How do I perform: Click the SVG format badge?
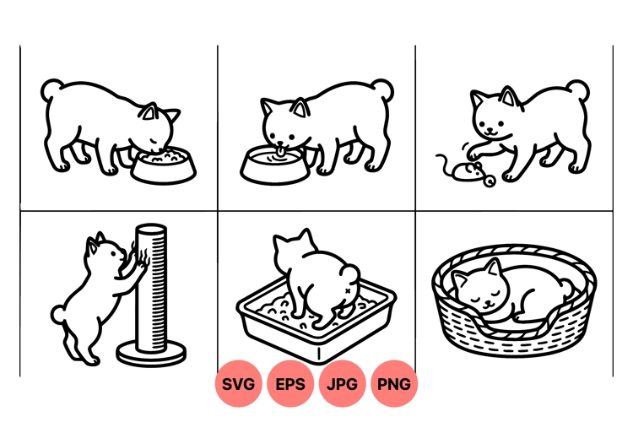pos(240,384)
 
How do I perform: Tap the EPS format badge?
pos(291,384)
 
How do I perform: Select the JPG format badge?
pos(343,384)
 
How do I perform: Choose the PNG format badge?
pos(394,384)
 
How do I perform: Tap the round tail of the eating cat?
pos(51,89)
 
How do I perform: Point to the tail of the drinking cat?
pos(384,89)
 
